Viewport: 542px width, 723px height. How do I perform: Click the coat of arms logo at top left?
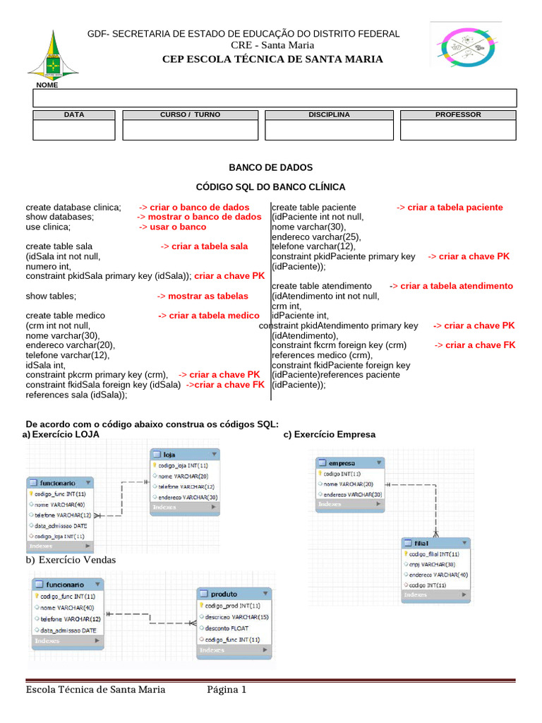pyautogui.click(x=48, y=54)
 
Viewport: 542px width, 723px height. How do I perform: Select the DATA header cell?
pyautogui.click(x=73, y=114)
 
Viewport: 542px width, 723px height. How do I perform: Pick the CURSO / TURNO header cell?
pyautogui.click(x=190, y=114)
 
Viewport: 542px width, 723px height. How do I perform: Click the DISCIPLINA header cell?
pyautogui.click(x=329, y=114)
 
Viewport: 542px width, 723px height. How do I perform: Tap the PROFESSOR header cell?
pyautogui.click(x=458, y=114)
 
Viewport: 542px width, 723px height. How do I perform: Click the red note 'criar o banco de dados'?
pyautogui.click(x=194, y=208)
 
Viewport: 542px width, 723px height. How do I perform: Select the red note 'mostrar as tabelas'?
pyautogui.click(x=203, y=296)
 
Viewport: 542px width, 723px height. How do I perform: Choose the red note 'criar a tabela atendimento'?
pyautogui.click(x=451, y=286)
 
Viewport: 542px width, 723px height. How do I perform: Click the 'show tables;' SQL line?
pyautogui.click(x=51, y=296)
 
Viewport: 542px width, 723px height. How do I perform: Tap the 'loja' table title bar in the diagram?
pyautogui.click(x=183, y=455)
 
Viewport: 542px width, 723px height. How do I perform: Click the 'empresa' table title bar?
pyautogui.click(x=350, y=463)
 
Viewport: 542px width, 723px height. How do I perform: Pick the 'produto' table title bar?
pyautogui.click(x=233, y=594)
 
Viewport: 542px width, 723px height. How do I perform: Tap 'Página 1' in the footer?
pyautogui.click(x=227, y=690)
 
